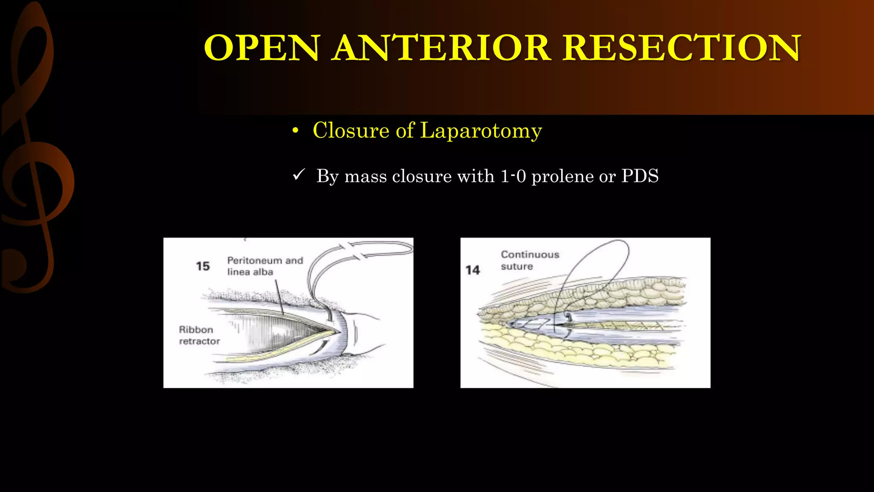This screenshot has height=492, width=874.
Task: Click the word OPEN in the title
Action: [262, 48]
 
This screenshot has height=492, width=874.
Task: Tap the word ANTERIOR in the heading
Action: [442, 48]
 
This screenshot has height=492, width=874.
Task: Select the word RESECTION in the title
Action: [682, 48]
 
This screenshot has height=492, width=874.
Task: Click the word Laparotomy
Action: [481, 130]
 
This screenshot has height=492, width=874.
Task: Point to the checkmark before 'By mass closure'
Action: [299, 175]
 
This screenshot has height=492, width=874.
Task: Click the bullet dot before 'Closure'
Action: [295, 131]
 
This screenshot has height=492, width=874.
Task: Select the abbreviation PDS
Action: [640, 176]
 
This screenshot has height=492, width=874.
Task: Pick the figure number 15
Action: [203, 266]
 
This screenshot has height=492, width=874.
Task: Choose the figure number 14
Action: [472, 270]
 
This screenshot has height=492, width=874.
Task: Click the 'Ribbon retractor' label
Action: [199, 335]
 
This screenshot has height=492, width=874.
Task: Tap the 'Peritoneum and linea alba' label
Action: [265, 266]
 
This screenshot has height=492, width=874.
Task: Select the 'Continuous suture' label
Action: [530, 260]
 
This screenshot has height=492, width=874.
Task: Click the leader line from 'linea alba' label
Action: [279, 297]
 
